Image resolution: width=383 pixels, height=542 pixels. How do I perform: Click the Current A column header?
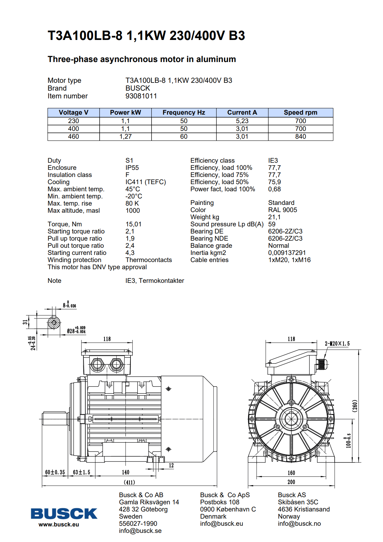[x=242, y=112]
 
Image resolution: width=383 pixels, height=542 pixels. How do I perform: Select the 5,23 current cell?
[x=242, y=121]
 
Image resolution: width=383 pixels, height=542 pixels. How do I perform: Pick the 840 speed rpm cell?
[x=300, y=136]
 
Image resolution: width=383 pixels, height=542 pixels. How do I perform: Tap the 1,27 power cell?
[x=125, y=136]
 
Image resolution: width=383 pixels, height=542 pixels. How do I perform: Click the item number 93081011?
[x=141, y=96]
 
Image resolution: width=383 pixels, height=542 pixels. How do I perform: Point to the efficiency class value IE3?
[x=273, y=160]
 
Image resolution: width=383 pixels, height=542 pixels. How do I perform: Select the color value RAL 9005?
[x=282, y=210]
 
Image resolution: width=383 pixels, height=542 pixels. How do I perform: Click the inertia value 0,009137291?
[x=287, y=253]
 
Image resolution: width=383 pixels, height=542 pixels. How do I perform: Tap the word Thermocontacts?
[x=148, y=260]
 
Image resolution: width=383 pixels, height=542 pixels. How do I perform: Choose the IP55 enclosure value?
[x=132, y=168]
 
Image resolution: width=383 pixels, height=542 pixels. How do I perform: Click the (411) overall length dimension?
[x=129, y=482]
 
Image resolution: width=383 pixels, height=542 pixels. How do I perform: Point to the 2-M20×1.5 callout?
[x=337, y=344]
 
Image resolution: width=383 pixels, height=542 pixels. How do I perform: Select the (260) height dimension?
[x=355, y=406]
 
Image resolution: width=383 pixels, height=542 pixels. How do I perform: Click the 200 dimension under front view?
[x=291, y=482]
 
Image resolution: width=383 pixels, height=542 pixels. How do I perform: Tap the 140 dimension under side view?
[x=125, y=472]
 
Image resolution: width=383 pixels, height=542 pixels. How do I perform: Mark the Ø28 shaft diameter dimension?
[x=76, y=330]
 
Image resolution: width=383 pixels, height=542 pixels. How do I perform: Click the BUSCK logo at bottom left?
[x=64, y=514]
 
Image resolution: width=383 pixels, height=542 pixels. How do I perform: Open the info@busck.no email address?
[x=299, y=523]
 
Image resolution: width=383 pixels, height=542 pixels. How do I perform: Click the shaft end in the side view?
[x=54, y=419]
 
